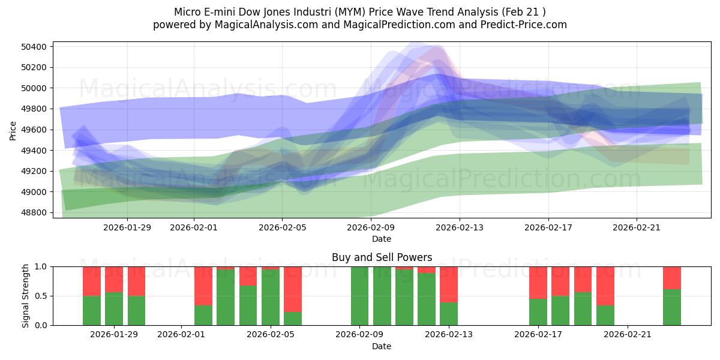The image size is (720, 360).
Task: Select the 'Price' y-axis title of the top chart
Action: [x=13, y=130]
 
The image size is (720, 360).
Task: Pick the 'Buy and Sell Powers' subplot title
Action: [x=382, y=257]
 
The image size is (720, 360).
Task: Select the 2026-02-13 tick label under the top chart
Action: [x=460, y=227]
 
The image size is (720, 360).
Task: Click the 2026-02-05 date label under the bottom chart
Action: [x=271, y=334]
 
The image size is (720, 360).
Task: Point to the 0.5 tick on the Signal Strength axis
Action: [x=41, y=296]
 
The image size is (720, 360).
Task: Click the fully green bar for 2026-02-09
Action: [x=359, y=296]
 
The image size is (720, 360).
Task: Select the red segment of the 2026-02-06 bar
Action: [x=293, y=289]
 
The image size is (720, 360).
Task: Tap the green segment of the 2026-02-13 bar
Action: [x=449, y=314]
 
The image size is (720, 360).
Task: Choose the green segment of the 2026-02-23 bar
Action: [x=672, y=307]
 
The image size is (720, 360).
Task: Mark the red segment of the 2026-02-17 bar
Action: [x=538, y=282]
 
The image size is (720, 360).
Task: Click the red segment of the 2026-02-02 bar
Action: [x=203, y=286]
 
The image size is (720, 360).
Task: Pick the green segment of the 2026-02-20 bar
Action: [x=605, y=316]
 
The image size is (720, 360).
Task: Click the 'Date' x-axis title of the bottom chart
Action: [x=382, y=346]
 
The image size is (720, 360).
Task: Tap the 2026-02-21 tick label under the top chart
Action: [x=637, y=227]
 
